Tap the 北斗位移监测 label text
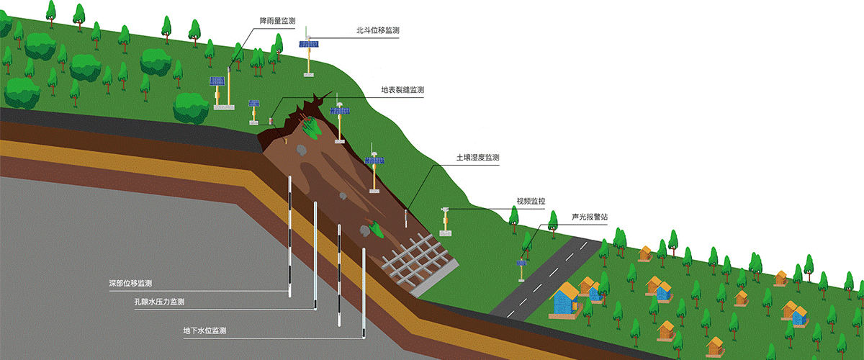377,30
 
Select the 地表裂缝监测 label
402,91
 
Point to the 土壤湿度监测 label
478,157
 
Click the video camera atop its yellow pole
446,210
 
